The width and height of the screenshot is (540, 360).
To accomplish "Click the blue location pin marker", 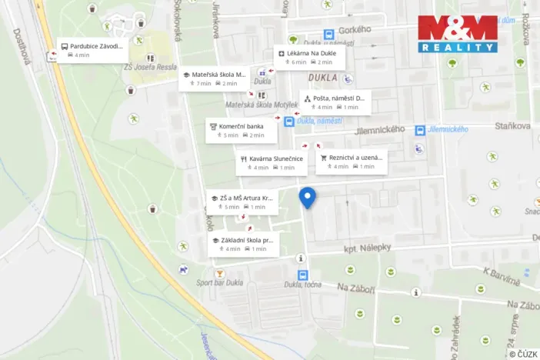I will pyautogui.click(x=307, y=197).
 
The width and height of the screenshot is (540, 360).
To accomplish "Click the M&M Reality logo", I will pyautogui.click(x=458, y=34).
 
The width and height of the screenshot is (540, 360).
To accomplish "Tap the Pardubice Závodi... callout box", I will pyautogui.click(x=92, y=51).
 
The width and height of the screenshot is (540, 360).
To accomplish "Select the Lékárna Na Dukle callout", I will pyautogui.click(x=310, y=58).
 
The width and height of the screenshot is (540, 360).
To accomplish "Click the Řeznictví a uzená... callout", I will pyautogui.click(x=351, y=162).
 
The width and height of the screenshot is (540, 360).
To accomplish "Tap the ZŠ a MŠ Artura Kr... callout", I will pyautogui.click(x=242, y=202).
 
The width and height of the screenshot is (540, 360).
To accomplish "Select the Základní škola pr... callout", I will pyautogui.click(x=243, y=245).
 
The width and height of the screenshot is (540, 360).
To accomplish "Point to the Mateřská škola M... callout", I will pyautogui.click(x=214, y=79).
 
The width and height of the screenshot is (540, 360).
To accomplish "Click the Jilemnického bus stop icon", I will pyautogui.click(x=420, y=130).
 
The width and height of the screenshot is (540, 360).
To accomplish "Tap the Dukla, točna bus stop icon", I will pyautogui.click(x=302, y=275).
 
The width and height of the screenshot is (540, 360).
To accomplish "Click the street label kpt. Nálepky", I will pyautogui.click(x=368, y=247).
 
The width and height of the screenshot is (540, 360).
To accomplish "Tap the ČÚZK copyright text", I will pyautogui.click(x=522, y=352).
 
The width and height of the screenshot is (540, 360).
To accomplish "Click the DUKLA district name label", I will pyautogui.click(x=323, y=78).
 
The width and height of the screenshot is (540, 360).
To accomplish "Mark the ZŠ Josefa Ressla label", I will pyautogui.click(x=151, y=67).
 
